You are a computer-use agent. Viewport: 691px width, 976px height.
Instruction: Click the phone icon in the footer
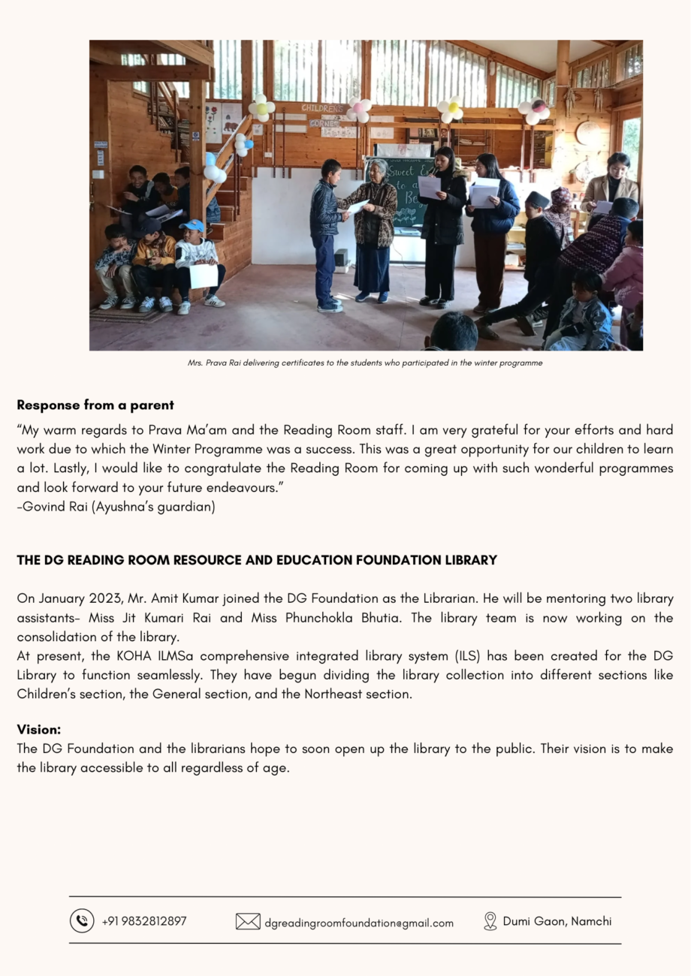82,920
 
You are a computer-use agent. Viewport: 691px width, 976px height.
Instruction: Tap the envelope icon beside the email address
248,921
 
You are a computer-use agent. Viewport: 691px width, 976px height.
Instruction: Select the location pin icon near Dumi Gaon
490,921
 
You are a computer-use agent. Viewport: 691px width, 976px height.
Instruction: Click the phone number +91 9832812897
144,921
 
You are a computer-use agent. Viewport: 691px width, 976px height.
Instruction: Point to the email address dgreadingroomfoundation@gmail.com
359,923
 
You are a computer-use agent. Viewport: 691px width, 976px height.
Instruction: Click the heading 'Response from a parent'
95,405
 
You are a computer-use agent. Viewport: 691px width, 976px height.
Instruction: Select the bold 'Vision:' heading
39,730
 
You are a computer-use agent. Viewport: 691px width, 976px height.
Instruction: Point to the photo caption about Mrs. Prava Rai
365,363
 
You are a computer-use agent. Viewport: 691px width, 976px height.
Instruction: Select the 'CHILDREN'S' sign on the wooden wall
322,108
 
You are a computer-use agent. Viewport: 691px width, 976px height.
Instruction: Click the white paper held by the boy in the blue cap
203,276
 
